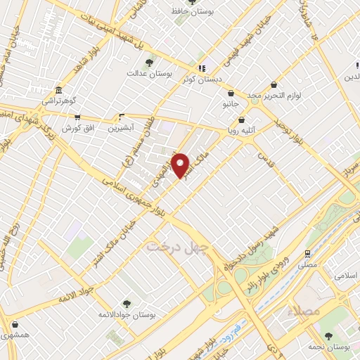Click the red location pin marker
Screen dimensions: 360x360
(x=181, y=165)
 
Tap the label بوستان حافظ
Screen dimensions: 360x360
(x=193, y=12)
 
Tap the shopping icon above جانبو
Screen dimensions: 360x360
(x=231, y=94)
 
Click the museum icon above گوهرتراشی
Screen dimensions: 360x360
(x=58, y=91)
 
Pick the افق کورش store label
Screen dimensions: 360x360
(x=73, y=129)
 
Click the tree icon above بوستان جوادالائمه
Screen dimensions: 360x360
(x=127, y=303)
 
